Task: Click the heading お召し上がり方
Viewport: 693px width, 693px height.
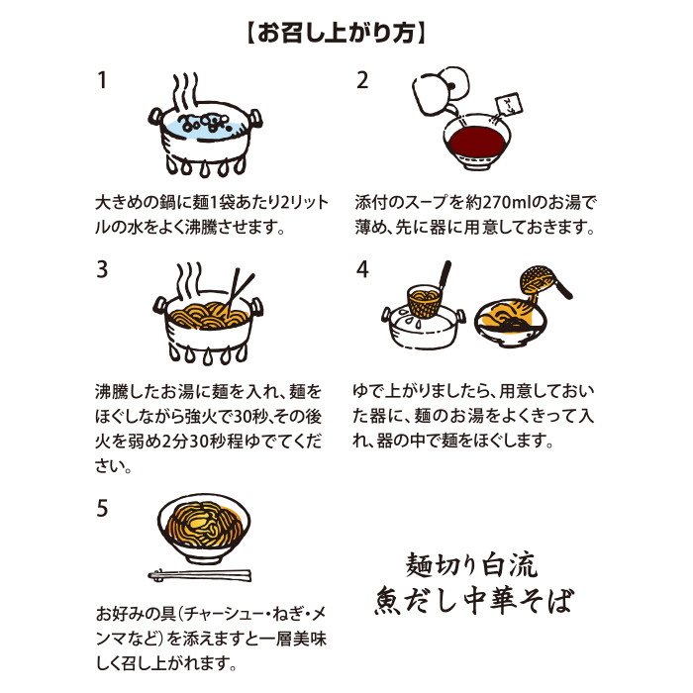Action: point(336,33)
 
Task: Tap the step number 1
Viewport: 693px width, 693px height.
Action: point(102,80)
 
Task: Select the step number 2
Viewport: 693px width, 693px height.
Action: point(362,80)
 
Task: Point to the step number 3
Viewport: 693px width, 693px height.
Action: point(102,269)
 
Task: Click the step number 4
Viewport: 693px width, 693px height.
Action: point(362,269)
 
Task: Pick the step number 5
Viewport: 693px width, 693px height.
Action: point(102,508)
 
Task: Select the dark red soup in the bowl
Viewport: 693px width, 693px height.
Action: point(476,141)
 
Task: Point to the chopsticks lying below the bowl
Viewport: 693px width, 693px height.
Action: point(200,575)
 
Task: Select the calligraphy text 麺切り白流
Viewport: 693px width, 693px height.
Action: point(471,564)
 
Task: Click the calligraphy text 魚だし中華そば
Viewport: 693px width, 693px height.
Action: point(474,600)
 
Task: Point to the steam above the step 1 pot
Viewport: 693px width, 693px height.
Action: point(185,92)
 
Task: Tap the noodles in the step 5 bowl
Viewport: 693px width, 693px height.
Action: point(204,525)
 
